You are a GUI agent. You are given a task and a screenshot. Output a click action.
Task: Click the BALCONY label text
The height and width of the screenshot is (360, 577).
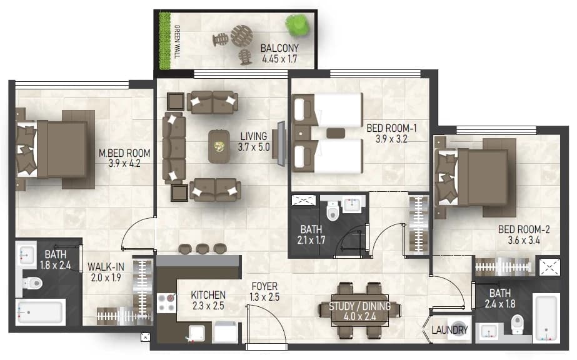(x=279, y=48)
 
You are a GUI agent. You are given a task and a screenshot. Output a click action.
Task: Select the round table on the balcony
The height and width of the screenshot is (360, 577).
(x=242, y=36)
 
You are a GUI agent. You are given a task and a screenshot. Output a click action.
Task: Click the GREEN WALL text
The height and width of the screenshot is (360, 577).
(x=177, y=41)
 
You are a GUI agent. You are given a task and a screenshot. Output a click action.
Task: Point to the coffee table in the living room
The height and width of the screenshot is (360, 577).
(x=219, y=146)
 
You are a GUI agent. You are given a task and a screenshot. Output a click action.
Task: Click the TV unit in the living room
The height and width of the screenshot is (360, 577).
(x=281, y=143)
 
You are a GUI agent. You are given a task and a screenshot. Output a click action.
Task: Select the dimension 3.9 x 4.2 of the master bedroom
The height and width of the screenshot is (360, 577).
(x=124, y=163)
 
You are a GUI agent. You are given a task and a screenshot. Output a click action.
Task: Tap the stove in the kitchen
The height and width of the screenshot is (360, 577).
(x=166, y=302)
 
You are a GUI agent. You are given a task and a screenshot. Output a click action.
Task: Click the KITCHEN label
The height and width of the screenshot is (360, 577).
(x=208, y=295)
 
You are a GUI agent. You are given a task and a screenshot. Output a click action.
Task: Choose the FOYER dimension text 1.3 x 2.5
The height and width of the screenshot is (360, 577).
(x=264, y=297)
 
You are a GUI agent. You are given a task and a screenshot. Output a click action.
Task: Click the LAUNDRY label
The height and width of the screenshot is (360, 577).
(x=449, y=330)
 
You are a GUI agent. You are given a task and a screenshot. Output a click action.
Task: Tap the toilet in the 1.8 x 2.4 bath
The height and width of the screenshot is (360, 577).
(x=33, y=283)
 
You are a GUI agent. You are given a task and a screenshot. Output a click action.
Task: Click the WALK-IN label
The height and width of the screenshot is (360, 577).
(x=106, y=267)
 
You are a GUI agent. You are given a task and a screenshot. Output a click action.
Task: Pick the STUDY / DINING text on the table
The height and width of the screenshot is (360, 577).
(x=359, y=306)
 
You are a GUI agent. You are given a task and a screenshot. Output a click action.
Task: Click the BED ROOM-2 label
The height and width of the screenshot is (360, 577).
(x=524, y=229)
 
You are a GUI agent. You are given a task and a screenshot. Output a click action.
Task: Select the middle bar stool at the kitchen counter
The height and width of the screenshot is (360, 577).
(x=203, y=249)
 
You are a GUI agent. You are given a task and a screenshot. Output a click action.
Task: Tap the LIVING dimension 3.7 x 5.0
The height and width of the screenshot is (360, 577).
(x=254, y=147)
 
